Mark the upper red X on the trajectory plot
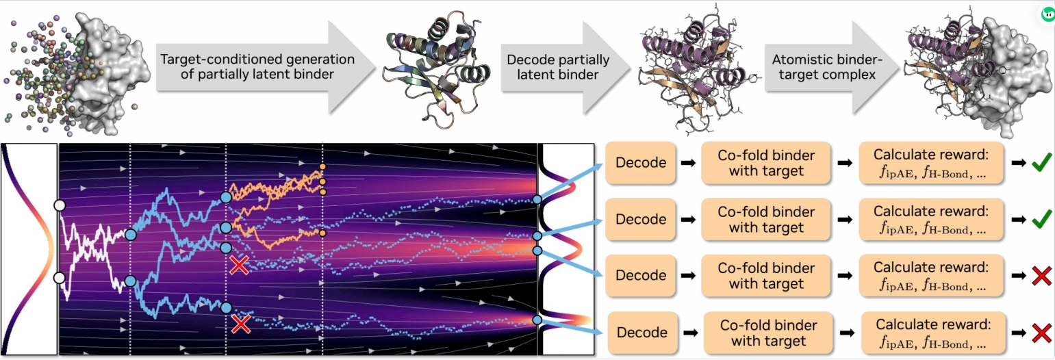point(239,265)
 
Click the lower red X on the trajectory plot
point(240,323)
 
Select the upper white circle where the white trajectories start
point(60,205)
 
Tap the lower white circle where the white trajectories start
point(60,277)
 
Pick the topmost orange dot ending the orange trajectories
point(322,166)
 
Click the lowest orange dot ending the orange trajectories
point(322,234)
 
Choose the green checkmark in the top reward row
point(1041,164)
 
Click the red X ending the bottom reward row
point(1041,333)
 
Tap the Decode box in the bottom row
point(641,333)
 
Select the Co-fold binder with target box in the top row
point(765,163)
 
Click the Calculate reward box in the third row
point(930,275)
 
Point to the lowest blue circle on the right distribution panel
point(537,320)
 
